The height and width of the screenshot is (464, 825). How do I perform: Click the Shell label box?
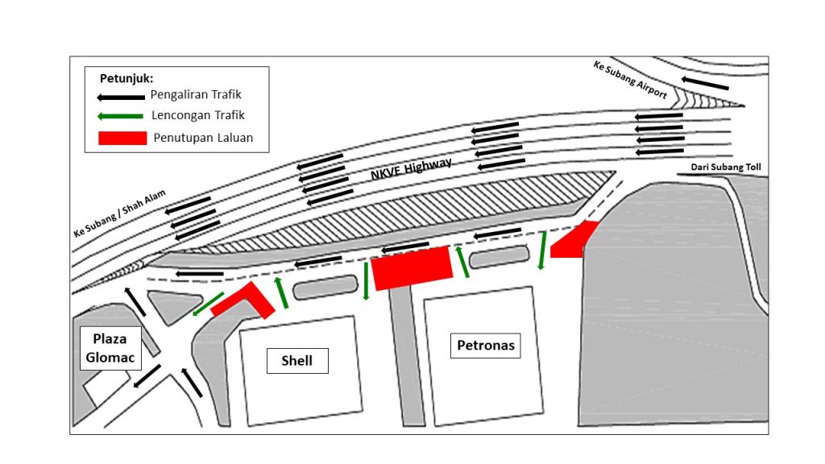(297, 361)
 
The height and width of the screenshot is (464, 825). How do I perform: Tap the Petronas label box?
(485, 346)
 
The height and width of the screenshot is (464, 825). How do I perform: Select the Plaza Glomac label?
(110, 348)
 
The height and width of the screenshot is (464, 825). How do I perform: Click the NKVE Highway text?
(411, 169)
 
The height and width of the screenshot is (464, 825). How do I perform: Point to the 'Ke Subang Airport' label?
(630, 80)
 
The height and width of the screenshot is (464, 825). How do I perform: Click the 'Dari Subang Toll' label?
(726, 168)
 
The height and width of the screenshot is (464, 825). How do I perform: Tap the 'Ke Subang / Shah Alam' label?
(119, 213)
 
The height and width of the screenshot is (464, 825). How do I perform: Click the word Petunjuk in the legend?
(126, 78)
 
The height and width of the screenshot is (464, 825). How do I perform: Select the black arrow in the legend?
(121, 97)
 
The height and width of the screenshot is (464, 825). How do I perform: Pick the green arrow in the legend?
(121, 116)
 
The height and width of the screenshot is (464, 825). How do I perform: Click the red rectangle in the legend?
(122, 138)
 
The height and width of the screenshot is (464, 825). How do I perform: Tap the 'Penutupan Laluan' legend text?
(203, 138)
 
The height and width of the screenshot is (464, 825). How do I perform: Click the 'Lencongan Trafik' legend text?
(198, 115)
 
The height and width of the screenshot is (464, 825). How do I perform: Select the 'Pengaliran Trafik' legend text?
(196, 95)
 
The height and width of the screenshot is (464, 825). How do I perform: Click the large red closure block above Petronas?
(412, 267)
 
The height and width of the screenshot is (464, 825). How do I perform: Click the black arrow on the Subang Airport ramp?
(705, 83)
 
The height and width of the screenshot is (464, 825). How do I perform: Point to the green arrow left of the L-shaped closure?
(209, 304)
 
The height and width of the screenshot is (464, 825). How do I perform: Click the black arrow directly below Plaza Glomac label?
(147, 376)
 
